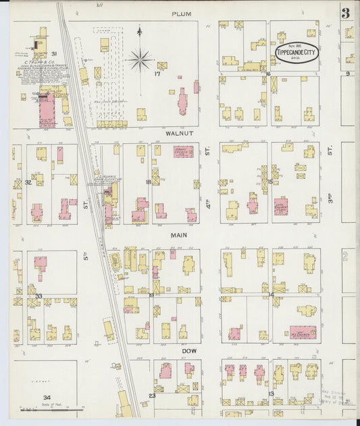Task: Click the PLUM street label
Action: pyautogui.click(x=181, y=14)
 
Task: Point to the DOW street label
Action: pyautogui.click(x=188, y=351)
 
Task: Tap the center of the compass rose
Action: pyautogui.click(x=140, y=59)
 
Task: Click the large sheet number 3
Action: pyautogui.click(x=345, y=12)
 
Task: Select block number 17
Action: pyautogui.click(x=157, y=75)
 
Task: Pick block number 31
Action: pyautogui.click(x=54, y=53)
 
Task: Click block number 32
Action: pyautogui.click(x=28, y=182)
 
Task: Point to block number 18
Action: pyautogui.click(x=148, y=182)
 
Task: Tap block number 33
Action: pyautogui.click(x=38, y=296)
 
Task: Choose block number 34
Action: pyautogui.click(x=46, y=398)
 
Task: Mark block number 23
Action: pyautogui.click(x=152, y=396)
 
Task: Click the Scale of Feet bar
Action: pyautogui.click(x=52, y=408)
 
